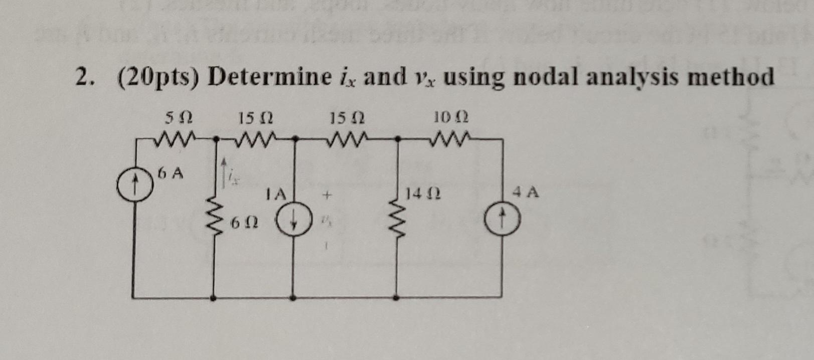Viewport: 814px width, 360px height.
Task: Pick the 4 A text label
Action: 526,192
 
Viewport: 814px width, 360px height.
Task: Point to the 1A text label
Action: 276,194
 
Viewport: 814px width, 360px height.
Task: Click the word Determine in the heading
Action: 270,78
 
